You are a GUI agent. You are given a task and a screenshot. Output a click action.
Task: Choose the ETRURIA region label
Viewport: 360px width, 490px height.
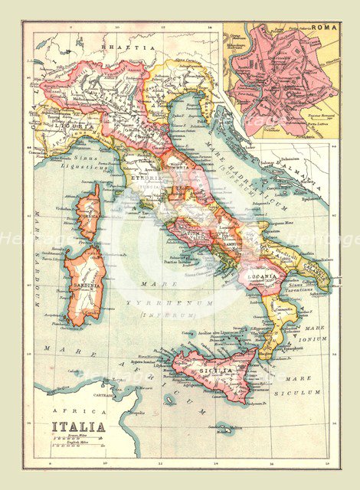coord(146,178)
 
